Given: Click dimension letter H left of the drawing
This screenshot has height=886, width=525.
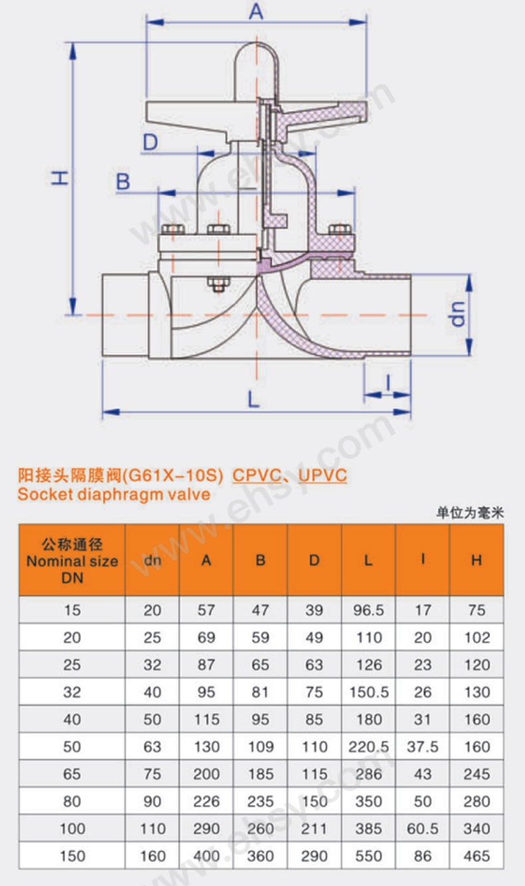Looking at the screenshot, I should [x=60, y=177].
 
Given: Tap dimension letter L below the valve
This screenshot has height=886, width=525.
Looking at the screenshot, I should [x=253, y=399].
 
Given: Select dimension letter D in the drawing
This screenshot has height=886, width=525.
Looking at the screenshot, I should [x=150, y=142].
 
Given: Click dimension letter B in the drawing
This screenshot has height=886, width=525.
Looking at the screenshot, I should [x=123, y=181].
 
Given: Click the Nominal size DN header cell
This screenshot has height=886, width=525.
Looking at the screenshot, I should [x=72, y=561].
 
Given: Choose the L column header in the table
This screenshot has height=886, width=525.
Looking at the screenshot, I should [x=368, y=561].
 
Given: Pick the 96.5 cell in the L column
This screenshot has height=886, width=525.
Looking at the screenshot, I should [x=368, y=610].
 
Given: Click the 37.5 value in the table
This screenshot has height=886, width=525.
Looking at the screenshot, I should [x=423, y=747].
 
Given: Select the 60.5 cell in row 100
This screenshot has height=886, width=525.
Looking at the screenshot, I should [x=423, y=828].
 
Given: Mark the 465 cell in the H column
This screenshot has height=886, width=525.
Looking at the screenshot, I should [x=476, y=855].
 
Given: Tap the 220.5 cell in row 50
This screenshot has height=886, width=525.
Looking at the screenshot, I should [x=368, y=747].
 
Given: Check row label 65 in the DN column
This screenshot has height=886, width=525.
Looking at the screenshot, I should [x=72, y=774].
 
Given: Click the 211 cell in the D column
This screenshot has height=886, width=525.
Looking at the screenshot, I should [x=314, y=828].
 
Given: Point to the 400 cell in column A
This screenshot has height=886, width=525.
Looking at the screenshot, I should [x=206, y=855].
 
